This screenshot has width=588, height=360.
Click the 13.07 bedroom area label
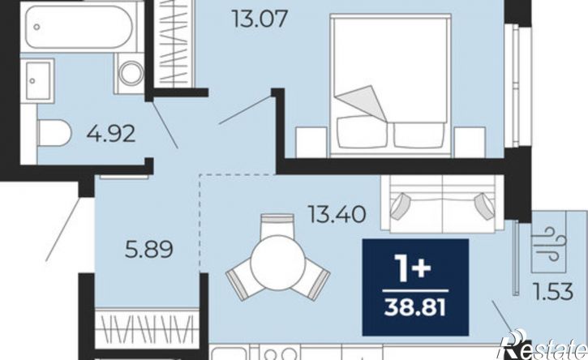tap(260, 19)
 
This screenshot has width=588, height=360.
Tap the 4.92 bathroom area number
tap(111, 133)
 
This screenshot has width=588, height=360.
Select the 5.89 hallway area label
tap(149, 250)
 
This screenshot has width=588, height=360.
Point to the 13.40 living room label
tap(337, 214)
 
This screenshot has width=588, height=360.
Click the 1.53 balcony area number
tap(554, 292)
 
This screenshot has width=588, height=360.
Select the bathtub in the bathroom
tap(79, 27)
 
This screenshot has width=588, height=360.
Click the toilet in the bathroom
tap(54, 133)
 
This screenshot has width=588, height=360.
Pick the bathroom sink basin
tap(37, 80)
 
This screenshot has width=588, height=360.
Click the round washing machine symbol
tap(131, 73)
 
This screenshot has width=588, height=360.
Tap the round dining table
tap(278, 262)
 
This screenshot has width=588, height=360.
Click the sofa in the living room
tap(442, 204)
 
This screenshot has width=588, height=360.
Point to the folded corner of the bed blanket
tap(361, 101)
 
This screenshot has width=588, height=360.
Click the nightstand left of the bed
tap(311, 142)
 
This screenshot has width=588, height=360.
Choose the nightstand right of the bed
tap(470, 142)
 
